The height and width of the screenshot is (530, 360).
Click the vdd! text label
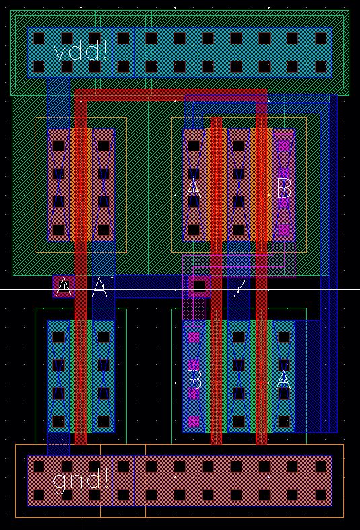pyautogui.click(x=80, y=52)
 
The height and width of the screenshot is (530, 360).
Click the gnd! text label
pyautogui.click(x=80, y=480)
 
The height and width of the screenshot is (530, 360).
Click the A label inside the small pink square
pyautogui.click(x=64, y=287)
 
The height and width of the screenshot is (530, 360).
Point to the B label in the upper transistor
pyautogui.click(x=284, y=190)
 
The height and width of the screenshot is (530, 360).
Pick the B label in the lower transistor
pyautogui.click(x=194, y=381)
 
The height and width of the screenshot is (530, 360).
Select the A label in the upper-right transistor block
pyautogui.click(x=193, y=190)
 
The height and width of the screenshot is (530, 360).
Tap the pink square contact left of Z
pyautogui.click(x=199, y=287)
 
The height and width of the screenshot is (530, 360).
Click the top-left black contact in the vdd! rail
pyautogui.click(x=38, y=38)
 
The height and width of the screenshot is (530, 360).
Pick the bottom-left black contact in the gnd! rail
pyautogui.click(x=38, y=495)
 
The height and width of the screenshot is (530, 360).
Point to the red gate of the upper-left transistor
pyautogui.click(x=81, y=182)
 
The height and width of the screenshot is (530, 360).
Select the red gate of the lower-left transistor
pyautogui.click(x=81, y=377)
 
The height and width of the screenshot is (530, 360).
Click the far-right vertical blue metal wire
pyautogui.click(x=330, y=269)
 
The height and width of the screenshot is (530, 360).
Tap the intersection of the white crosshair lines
pyautogui.click(x=81, y=289)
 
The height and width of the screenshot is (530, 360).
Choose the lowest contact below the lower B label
pyautogui.click(x=194, y=422)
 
